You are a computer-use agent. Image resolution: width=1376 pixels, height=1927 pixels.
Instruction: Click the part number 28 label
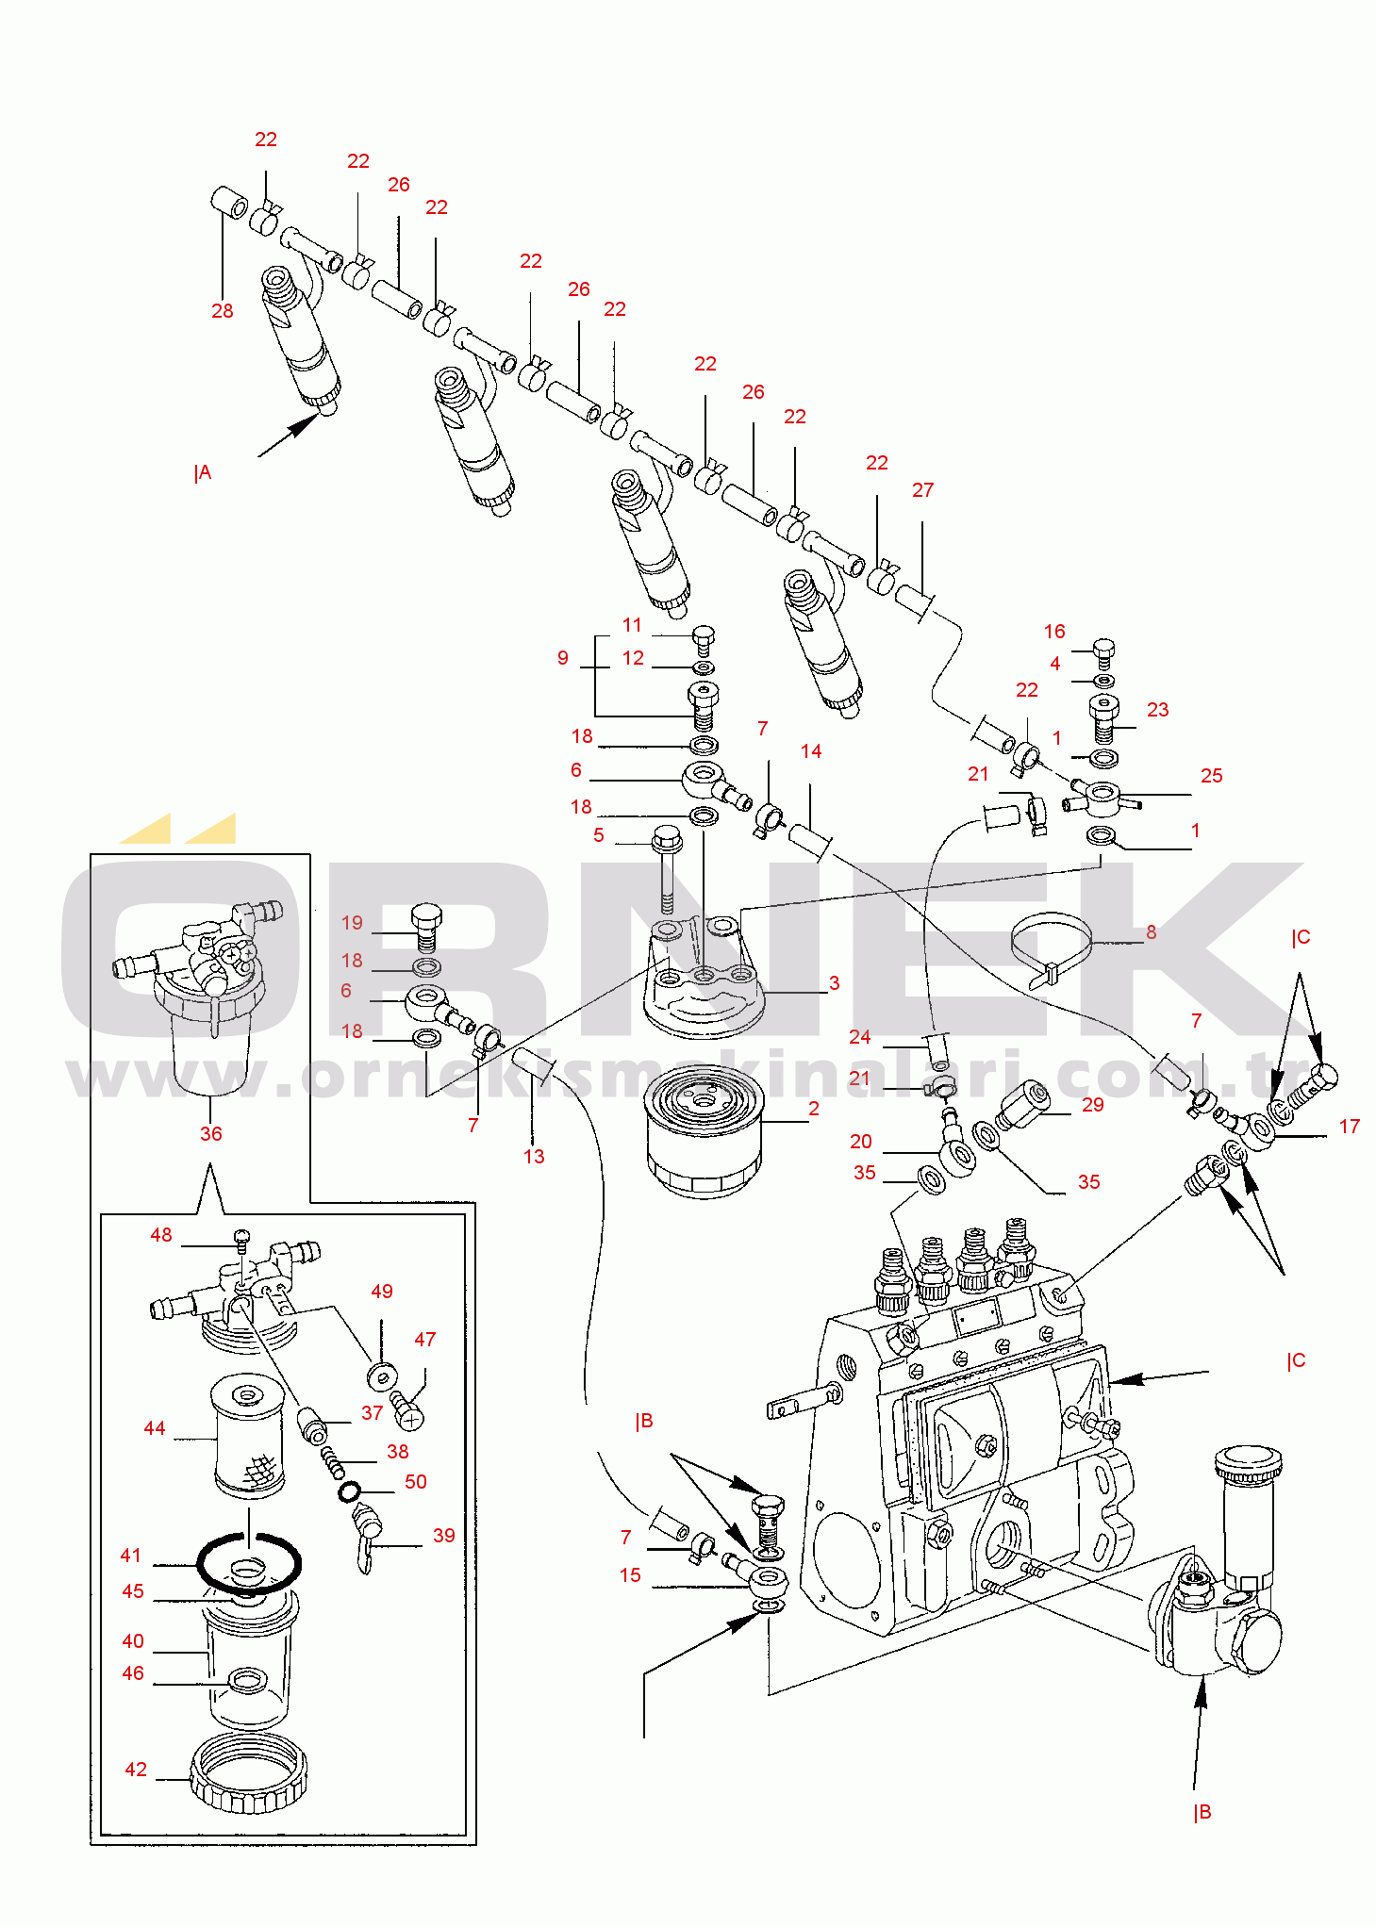222,311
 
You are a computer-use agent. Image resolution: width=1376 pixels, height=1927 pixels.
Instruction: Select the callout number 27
922,490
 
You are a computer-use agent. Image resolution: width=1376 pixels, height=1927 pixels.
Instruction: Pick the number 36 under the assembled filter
211,1134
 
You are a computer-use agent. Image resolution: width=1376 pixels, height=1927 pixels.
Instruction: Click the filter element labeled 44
248,1436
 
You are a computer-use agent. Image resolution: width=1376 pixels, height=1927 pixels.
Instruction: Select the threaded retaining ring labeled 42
249,1772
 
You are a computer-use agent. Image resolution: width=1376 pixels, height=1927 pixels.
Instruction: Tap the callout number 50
416,1482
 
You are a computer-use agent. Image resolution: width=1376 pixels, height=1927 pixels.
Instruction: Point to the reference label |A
203,473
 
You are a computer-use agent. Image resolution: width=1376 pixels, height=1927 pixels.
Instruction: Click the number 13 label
534,1157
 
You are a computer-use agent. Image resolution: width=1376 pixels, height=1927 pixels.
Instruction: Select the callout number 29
1093,1105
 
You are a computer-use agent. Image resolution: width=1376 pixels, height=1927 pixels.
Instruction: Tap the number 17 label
1350,1127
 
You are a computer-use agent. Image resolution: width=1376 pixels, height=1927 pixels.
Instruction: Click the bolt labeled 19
427,928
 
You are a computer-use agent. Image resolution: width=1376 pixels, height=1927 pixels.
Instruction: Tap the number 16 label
1054,632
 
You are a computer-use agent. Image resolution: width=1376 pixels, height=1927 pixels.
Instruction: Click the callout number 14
811,751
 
